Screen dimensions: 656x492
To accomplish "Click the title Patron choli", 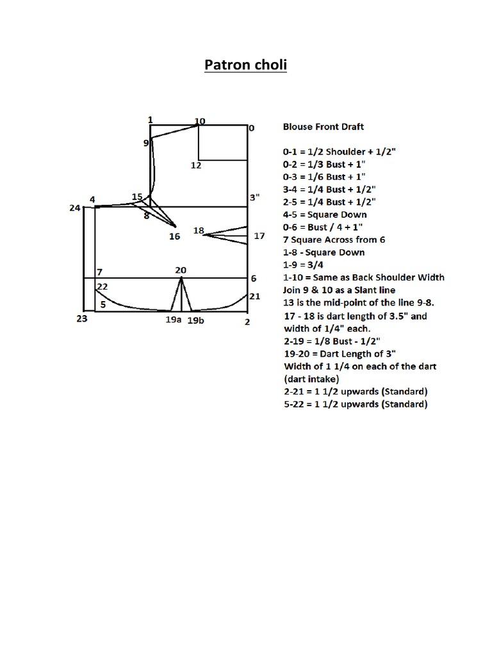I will [x=245, y=65].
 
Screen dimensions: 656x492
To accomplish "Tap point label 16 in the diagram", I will [x=174, y=236].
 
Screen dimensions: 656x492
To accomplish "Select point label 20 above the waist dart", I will [x=181, y=270].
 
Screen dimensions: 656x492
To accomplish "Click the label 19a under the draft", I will [x=173, y=320].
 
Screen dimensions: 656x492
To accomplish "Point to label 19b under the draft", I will [x=195, y=321].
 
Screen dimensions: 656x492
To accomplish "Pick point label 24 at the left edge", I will [x=75, y=208].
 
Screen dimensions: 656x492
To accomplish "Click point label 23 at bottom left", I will [x=81, y=318].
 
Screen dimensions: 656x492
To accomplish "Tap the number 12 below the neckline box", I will [x=196, y=165].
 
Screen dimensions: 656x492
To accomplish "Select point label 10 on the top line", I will [x=200, y=121].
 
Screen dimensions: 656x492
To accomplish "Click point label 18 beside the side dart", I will [x=199, y=231].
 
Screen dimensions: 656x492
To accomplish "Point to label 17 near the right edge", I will [x=259, y=236].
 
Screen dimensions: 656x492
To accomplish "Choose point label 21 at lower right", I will [x=254, y=296].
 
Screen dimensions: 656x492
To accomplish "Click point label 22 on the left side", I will [x=102, y=286].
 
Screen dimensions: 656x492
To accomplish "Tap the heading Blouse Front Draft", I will [x=324, y=127].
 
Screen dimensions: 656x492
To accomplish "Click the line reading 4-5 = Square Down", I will [x=325, y=215].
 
